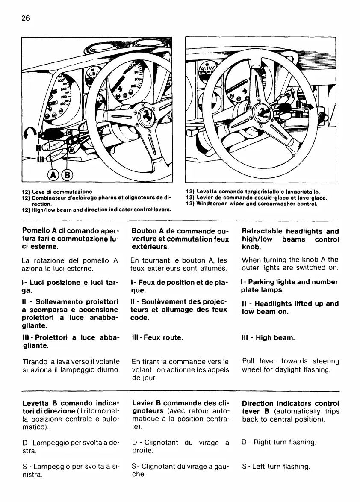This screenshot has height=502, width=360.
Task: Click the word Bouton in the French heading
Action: pyautogui.click(x=145, y=231)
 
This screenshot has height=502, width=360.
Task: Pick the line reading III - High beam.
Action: pyautogui.click(x=268, y=338)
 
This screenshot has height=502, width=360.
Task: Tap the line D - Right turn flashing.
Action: pyautogui.click(x=278, y=441)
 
